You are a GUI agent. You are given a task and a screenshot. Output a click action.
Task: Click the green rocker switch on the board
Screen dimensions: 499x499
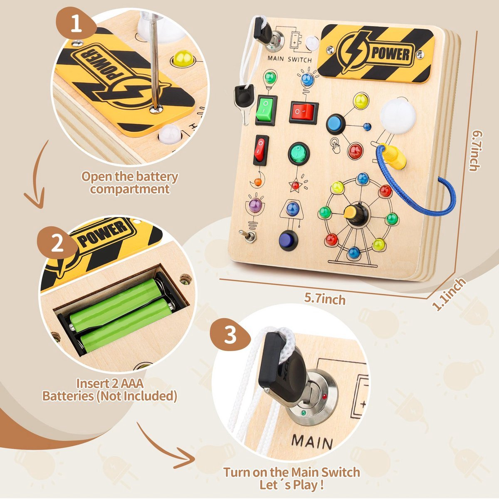tap(266, 110)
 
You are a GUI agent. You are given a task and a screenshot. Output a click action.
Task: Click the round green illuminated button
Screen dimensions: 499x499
tap(299, 153)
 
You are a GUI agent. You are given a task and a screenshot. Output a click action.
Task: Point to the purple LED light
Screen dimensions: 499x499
tap(255, 205)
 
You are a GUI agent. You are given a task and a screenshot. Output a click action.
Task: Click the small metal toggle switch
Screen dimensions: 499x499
tap(249, 236)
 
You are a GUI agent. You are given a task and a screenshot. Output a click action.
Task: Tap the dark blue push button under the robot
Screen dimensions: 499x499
tap(289, 240)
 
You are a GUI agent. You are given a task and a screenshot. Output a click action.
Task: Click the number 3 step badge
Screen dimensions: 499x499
tap(230, 335)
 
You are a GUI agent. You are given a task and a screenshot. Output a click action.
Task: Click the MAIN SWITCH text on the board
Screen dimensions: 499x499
tap(289, 59)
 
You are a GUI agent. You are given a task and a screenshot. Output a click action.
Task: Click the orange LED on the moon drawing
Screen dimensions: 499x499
tap(258, 182)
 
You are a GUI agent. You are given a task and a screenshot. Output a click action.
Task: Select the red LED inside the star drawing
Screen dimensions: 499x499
tap(295, 185)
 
